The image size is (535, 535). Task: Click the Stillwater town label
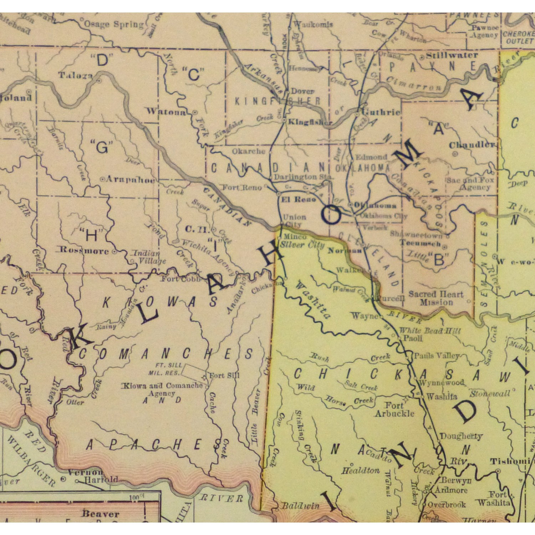(452, 55)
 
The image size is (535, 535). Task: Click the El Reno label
(299, 199)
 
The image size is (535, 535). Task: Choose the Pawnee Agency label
(485, 31)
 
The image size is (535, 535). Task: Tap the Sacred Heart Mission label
(436, 298)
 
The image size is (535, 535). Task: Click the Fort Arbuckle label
(394, 409)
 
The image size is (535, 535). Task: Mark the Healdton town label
(361, 471)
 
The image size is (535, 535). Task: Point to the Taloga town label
(75, 75)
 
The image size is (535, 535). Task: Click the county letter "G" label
(102, 147)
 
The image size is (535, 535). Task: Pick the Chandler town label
(472, 145)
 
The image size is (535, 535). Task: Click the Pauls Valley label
(436, 356)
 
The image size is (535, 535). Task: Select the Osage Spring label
(113, 24)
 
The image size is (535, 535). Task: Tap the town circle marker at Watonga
(195, 112)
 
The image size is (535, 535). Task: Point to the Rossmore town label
(84, 250)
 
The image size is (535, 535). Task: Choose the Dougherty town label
(461, 436)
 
